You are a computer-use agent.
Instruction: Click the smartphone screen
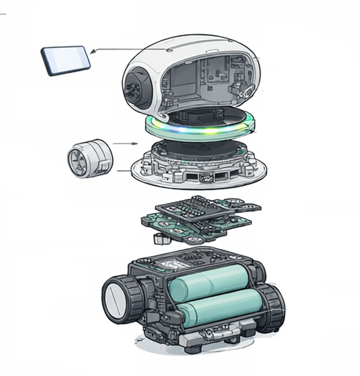[65, 59]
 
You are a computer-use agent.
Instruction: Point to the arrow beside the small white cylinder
[126, 144]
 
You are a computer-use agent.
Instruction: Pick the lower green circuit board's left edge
[145, 220]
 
